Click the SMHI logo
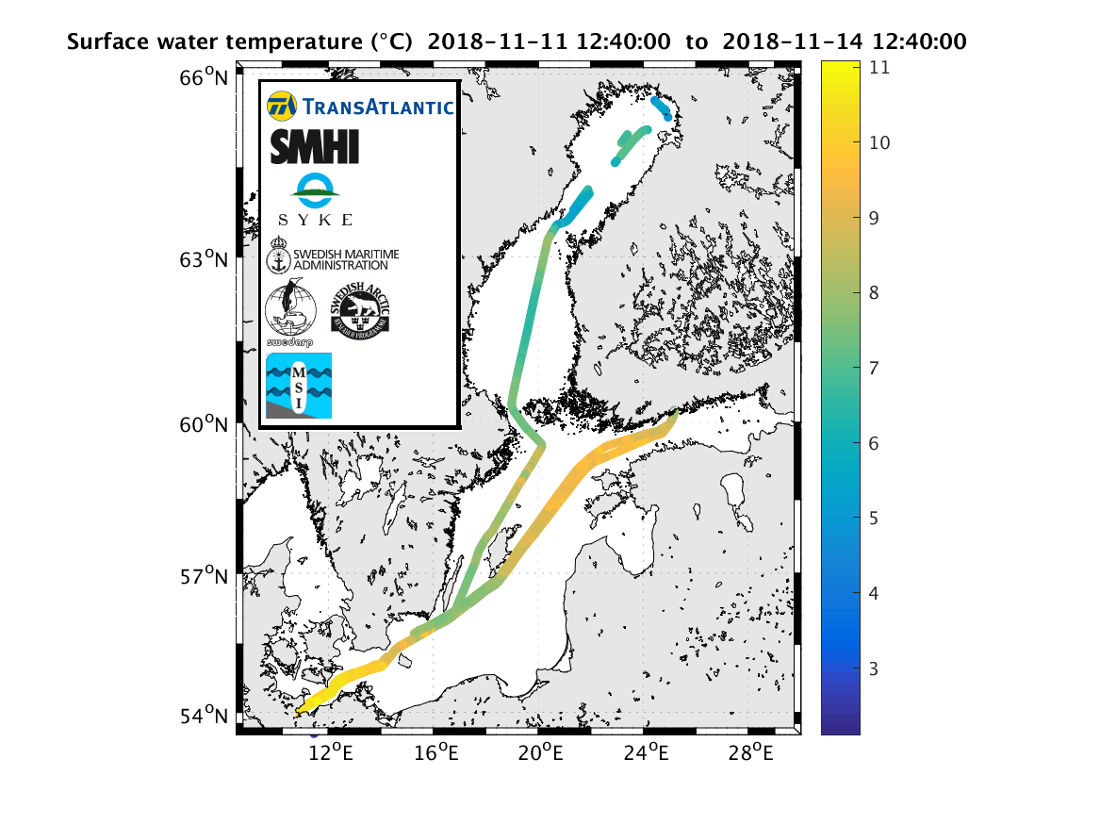pos(315,147)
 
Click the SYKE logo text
pos(316,220)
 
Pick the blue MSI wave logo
pos(299,386)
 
